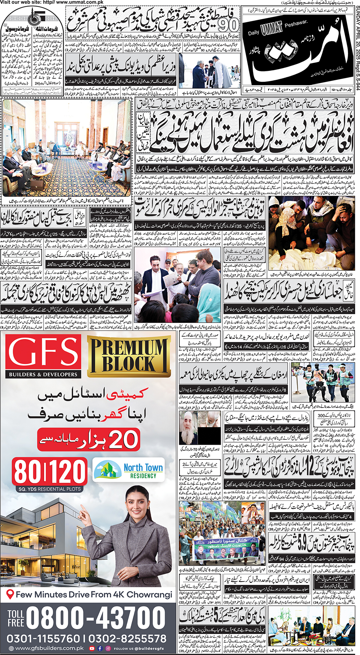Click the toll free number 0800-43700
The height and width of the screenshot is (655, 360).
pos(96,617)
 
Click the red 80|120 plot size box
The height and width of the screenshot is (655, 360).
pos(49,472)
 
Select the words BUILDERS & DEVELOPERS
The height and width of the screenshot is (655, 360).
pos(43,374)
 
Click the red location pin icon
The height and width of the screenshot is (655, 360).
pos(10,594)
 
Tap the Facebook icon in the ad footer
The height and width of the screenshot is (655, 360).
pos(100,648)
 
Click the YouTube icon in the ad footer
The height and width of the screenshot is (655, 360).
pos(92,648)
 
